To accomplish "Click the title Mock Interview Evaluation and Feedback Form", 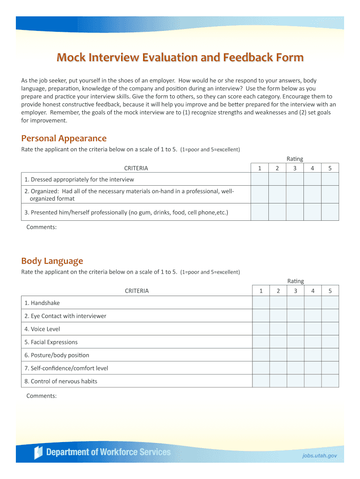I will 180,58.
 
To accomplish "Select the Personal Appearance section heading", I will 64,138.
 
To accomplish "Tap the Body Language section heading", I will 52,261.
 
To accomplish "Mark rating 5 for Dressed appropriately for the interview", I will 330,179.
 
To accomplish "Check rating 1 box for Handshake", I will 261,303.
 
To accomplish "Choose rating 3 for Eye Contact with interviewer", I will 295,316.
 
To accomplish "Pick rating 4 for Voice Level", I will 313,329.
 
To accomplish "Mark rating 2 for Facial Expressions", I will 278,342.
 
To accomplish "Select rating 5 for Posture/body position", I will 330,355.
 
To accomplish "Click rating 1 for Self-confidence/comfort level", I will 261,368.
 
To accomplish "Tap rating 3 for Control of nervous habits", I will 295,381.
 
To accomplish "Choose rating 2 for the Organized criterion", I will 277,195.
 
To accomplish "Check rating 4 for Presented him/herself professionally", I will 312,212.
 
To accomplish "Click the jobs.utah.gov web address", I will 319,456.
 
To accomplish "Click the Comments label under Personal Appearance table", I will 42,227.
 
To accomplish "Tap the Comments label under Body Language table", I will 42,396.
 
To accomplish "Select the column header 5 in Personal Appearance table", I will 330,168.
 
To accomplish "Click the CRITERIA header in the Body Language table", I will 137,291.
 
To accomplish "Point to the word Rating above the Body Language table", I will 295,281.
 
